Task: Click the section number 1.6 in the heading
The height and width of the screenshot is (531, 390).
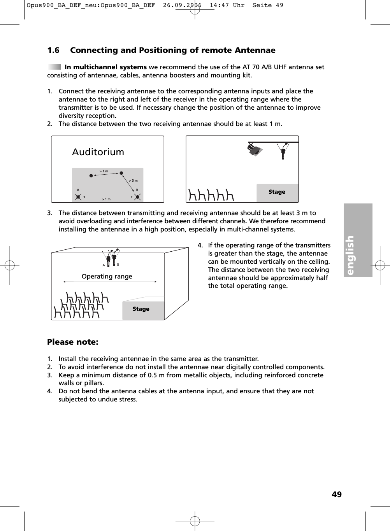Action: coord(53,50)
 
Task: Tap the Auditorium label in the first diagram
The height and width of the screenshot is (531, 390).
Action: coord(98,152)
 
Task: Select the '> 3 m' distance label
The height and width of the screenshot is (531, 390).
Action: coord(133,181)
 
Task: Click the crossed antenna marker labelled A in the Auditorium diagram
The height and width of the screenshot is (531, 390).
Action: coord(78,197)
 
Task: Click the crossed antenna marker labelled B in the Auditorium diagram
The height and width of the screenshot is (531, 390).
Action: coord(137,197)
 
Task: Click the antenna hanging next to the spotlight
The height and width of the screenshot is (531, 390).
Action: coord(283,151)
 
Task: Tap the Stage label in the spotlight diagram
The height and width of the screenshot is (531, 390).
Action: coord(277,192)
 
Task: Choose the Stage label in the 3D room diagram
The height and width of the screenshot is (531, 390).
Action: coord(141,309)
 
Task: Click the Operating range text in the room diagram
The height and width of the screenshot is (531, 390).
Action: coord(107,276)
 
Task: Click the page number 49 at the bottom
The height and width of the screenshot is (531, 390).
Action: coord(337,494)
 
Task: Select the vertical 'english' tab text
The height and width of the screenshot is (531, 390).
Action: coord(350,255)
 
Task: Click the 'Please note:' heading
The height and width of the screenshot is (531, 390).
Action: coord(73,342)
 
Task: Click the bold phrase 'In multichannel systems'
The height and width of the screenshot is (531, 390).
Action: coord(105,67)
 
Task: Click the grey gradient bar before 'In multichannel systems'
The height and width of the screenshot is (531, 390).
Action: coord(54,67)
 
